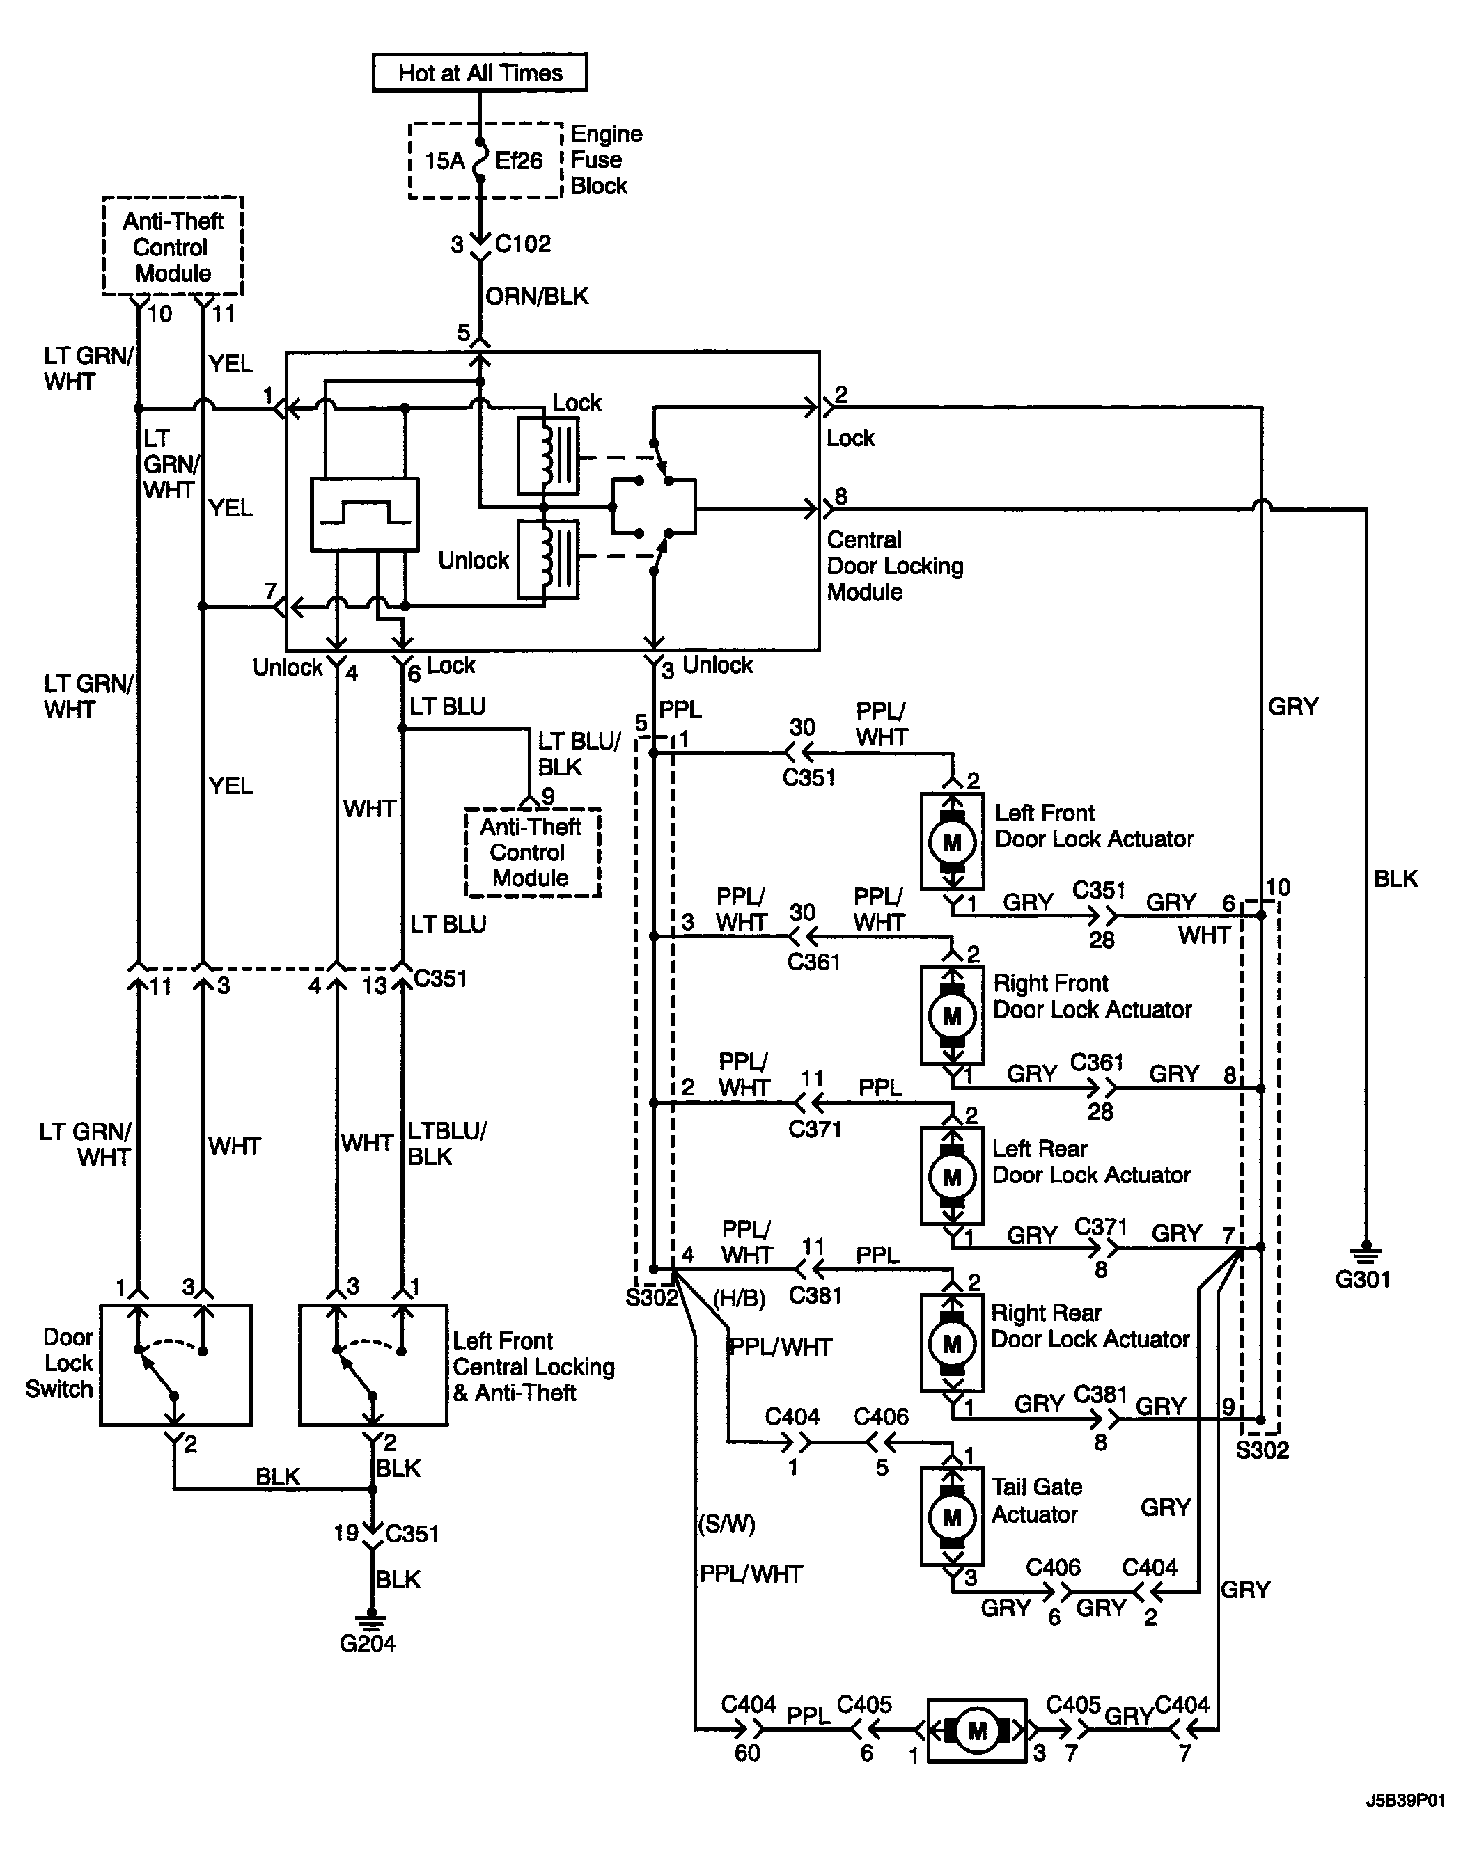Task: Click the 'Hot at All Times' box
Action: (479, 72)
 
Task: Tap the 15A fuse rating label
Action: (444, 161)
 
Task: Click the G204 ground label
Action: (368, 1644)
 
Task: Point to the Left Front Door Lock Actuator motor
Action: (952, 841)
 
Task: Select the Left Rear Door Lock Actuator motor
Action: (952, 1176)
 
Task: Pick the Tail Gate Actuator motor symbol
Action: (952, 1517)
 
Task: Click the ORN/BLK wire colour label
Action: (537, 296)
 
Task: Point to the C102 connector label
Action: (522, 244)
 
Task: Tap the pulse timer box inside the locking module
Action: (364, 514)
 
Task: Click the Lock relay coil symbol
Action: (547, 456)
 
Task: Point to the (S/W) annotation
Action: (727, 1524)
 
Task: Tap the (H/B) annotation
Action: (740, 1299)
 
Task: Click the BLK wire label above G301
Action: (1395, 879)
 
